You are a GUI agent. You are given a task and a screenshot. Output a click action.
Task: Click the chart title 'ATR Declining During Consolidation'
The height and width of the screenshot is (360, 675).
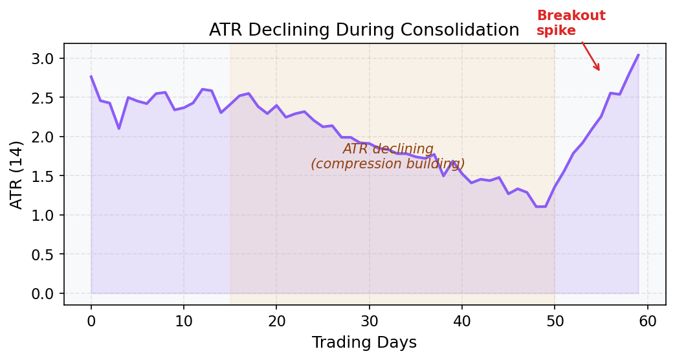(364, 30)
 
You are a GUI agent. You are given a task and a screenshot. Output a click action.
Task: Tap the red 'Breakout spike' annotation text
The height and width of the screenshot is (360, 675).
(571, 23)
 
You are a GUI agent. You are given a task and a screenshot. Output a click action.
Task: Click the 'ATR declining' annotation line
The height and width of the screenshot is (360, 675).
(388, 149)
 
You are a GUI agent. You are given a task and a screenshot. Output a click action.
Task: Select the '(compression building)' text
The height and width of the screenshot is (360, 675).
(388, 164)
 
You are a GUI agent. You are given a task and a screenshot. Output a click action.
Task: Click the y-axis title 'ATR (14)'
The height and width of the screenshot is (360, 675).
(17, 174)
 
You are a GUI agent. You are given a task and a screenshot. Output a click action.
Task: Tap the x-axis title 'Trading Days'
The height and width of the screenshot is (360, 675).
(364, 343)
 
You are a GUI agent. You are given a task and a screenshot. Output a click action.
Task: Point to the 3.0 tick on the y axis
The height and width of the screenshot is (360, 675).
(45, 59)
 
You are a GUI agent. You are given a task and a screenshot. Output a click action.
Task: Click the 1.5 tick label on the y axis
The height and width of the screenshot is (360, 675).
(45, 176)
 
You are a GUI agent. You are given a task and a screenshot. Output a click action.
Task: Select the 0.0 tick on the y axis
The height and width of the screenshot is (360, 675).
(45, 294)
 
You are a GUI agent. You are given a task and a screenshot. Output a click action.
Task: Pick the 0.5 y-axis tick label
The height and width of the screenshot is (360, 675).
(45, 254)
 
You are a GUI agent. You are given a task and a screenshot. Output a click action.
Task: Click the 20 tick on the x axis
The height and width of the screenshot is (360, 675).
(276, 319)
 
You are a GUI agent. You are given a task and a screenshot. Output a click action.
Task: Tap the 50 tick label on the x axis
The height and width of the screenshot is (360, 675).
(555, 319)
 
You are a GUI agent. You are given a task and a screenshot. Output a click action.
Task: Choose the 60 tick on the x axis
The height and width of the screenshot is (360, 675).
(647, 319)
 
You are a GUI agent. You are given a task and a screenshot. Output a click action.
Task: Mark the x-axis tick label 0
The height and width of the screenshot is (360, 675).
(91, 319)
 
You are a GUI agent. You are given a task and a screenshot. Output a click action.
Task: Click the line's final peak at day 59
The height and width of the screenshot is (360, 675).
(638, 55)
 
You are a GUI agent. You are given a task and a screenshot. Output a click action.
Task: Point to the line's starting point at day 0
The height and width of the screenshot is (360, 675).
(91, 76)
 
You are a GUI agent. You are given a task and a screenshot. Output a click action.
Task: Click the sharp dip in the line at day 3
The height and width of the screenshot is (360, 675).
(119, 128)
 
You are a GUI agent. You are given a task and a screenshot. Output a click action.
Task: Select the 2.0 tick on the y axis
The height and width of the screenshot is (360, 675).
(45, 137)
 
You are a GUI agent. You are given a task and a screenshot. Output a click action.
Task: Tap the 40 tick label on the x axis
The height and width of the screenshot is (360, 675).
(462, 319)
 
